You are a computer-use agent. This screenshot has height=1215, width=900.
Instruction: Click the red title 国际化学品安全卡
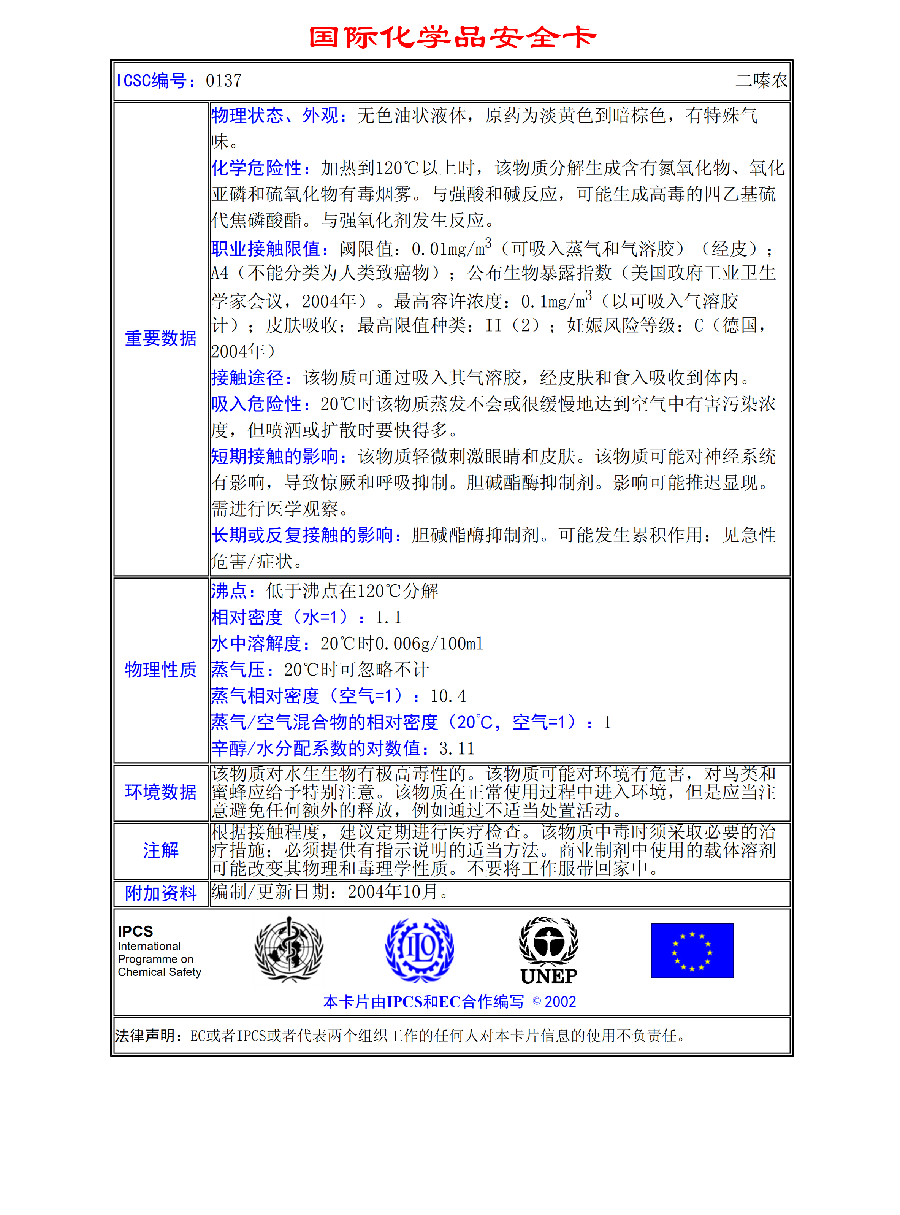coord(452,37)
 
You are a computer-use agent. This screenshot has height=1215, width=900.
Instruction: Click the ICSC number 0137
coord(223,81)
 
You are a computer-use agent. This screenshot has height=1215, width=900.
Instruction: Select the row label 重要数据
coord(161,338)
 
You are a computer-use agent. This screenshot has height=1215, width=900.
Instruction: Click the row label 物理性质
coord(161,669)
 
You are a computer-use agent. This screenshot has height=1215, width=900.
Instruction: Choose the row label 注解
coord(161,850)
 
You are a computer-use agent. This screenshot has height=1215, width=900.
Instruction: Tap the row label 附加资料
coord(161,893)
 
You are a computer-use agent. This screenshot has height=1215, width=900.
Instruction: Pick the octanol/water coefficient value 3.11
coord(456,749)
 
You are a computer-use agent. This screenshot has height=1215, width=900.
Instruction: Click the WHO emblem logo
coord(289,949)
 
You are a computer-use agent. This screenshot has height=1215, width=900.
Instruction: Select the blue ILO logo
coord(420,949)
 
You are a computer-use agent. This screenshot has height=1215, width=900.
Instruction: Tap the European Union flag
coord(692,950)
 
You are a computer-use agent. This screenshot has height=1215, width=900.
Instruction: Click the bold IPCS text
coord(135,931)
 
